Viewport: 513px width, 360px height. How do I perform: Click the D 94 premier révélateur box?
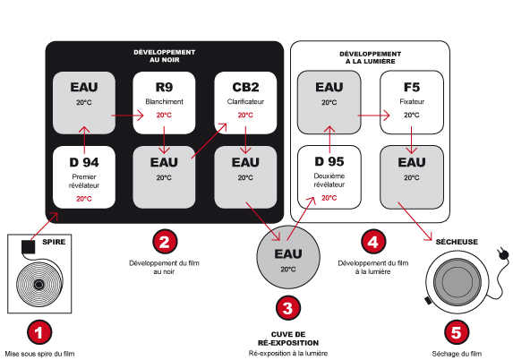coord(84,177)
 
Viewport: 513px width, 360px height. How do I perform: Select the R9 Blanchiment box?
coord(164,103)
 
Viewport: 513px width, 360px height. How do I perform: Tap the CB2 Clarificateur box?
coord(245,103)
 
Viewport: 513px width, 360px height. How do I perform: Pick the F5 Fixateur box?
coord(412,102)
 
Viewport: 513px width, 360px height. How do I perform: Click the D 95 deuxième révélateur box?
coord(329,177)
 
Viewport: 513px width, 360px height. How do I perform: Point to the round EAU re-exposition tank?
coord(288,257)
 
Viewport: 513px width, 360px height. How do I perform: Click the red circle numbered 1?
coord(39,333)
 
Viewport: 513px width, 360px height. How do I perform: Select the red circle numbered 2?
coord(165,242)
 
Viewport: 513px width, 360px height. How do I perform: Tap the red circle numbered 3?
coord(288,308)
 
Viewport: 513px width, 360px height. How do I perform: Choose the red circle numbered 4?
coord(373,242)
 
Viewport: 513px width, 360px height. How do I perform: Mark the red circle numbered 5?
coord(457,333)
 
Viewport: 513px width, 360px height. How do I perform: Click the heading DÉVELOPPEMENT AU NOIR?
coord(164,56)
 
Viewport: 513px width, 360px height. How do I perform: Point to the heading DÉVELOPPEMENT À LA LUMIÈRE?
coord(371,57)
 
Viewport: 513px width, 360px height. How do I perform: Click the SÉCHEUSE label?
coord(457,242)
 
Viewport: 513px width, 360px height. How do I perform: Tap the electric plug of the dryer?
coord(503,253)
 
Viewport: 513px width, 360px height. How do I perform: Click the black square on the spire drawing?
coord(28,247)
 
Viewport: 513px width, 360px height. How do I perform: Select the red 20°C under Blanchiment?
coord(164,115)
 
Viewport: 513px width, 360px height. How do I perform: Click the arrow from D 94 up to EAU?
coord(84,140)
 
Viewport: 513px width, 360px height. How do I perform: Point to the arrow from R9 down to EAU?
coord(164,140)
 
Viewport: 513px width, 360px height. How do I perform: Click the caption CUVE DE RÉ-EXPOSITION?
coord(288,339)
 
